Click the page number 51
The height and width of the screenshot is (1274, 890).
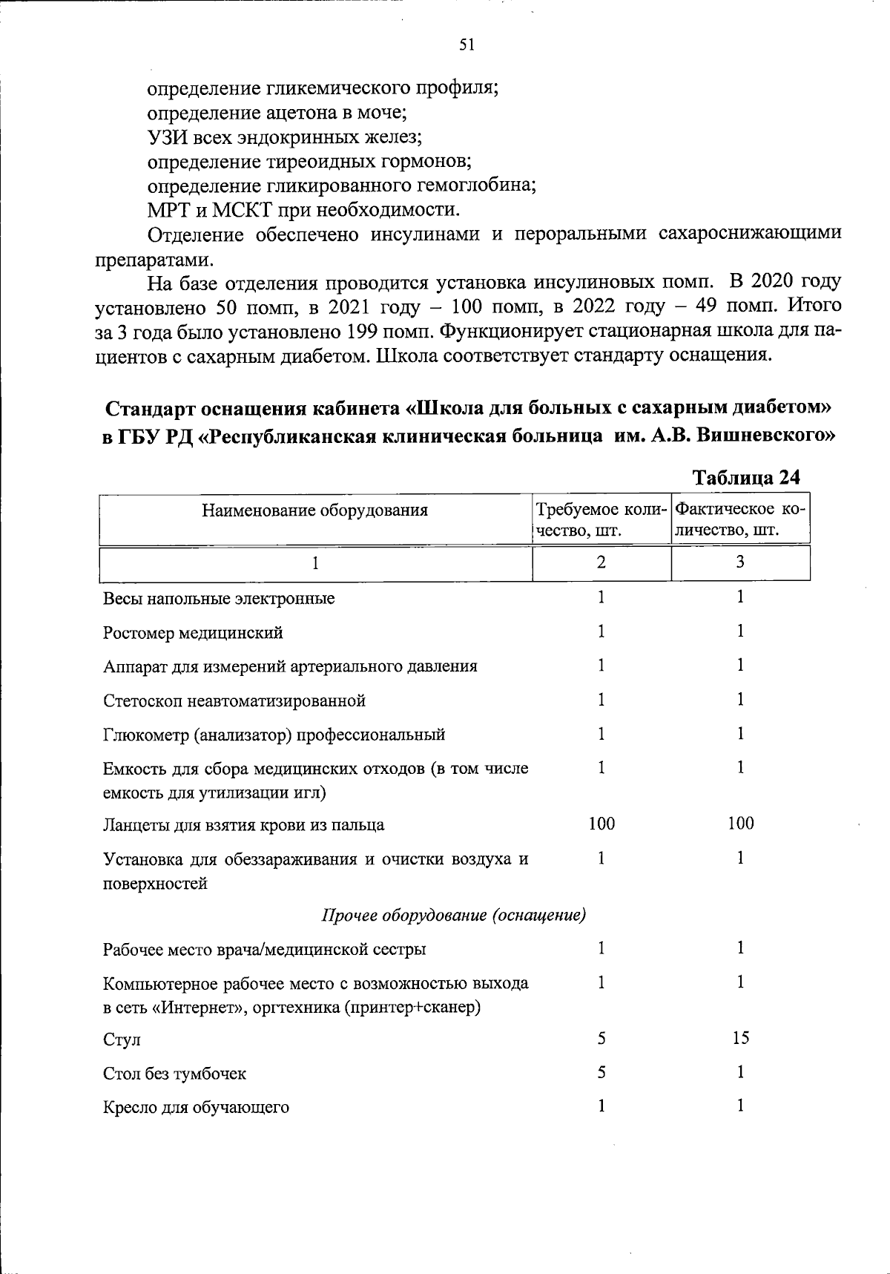(467, 45)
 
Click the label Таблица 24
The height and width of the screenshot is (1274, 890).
(745, 478)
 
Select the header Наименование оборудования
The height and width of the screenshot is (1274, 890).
(315, 510)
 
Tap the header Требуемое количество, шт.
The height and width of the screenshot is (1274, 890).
(601, 520)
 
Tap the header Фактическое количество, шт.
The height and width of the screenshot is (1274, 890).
(740, 520)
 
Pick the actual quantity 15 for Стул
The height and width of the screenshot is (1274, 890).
(740, 1038)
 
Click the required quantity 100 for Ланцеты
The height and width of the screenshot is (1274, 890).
(601, 823)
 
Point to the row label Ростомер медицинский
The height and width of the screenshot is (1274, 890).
(193, 633)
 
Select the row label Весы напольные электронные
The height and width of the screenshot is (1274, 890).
(219, 598)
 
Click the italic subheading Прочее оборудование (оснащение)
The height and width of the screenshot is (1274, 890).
(454, 916)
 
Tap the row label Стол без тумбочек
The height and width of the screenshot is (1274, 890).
(174, 1074)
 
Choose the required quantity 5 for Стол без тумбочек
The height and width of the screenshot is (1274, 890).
(601, 1072)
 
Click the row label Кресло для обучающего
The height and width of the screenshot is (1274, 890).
(196, 1108)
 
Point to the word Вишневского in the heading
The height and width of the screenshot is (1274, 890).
(772, 436)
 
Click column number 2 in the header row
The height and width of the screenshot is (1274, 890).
(601, 562)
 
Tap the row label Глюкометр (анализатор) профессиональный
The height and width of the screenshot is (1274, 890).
(274, 735)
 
